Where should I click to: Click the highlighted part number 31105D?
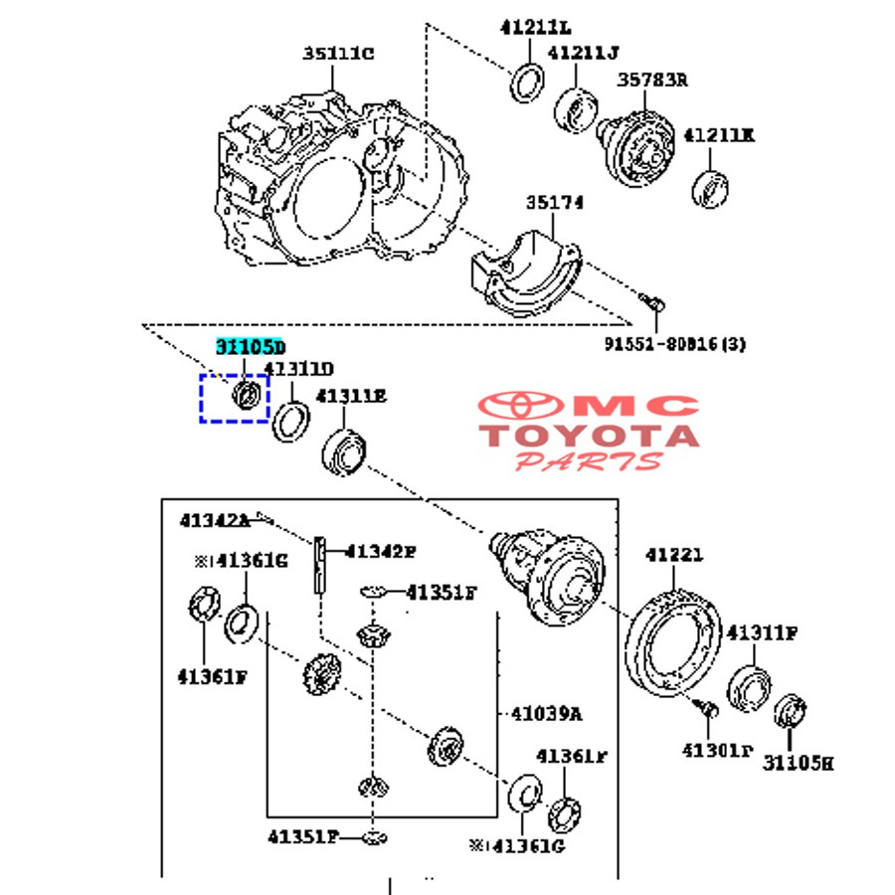click(x=251, y=346)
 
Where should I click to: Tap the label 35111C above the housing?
click(x=338, y=54)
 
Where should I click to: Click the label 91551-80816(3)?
click(x=674, y=344)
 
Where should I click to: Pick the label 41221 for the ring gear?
click(x=673, y=555)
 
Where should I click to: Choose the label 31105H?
click(x=798, y=763)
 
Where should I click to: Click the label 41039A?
click(x=546, y=713)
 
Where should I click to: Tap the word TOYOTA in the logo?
click(x=589, y=436)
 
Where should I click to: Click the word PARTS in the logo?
click(x=588, y=461)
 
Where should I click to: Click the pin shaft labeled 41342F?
click(x=321, y=563)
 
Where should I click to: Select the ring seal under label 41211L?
click(x=527, y=82)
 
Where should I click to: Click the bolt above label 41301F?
click(x=707, y=709)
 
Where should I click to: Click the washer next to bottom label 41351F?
click(x=373, y=836)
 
